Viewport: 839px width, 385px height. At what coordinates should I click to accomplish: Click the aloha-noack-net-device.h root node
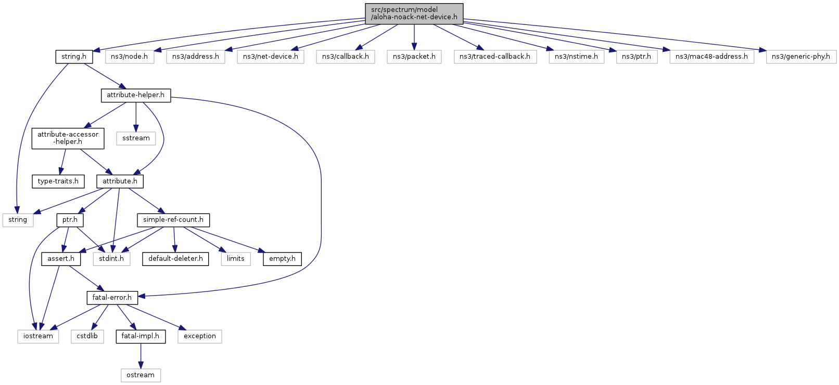tap(414, 14)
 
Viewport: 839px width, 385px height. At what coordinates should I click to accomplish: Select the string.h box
tap(74, 57)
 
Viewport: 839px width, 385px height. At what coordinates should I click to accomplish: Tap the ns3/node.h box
tap(129, 57)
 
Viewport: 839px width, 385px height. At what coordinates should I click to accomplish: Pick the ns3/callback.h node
tap(345, 57)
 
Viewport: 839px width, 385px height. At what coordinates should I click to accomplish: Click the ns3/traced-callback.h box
tap(494, 57)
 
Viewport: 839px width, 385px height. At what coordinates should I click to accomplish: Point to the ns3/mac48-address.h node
tap(711, 57)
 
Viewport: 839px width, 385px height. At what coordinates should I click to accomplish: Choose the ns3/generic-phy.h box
tap(800, 57)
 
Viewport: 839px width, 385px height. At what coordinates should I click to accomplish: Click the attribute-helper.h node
tap(135, 95)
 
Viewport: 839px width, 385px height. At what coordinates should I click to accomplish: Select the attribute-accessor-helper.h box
tap(68, 138)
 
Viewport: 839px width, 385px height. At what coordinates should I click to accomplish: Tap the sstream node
tap(136, 138)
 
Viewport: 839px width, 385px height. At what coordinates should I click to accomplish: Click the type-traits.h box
tap(58, 181)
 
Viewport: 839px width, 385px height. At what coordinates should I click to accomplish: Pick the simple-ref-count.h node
tap(173, 220)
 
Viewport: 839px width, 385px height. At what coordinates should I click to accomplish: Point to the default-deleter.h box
tap(175, 259)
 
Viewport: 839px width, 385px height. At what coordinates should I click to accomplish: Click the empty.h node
tap(282, 259)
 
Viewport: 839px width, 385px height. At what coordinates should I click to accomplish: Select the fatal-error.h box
tap(112, 298)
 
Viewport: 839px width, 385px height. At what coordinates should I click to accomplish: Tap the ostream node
tap(141, 375)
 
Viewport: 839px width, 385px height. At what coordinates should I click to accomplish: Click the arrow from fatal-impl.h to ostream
tap(141, 356)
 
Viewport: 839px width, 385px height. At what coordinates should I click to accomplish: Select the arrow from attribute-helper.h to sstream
tap(136, 116)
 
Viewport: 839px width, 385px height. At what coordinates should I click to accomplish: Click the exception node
tap(200, 336)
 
